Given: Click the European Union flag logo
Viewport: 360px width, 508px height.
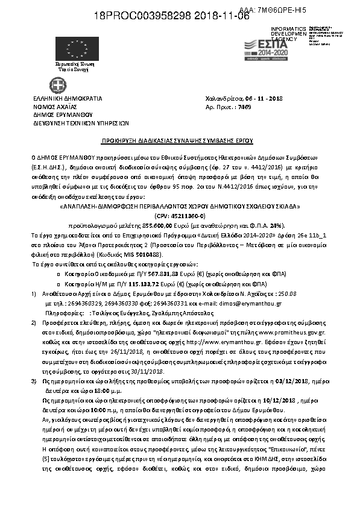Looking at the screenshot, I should [69, 47].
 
